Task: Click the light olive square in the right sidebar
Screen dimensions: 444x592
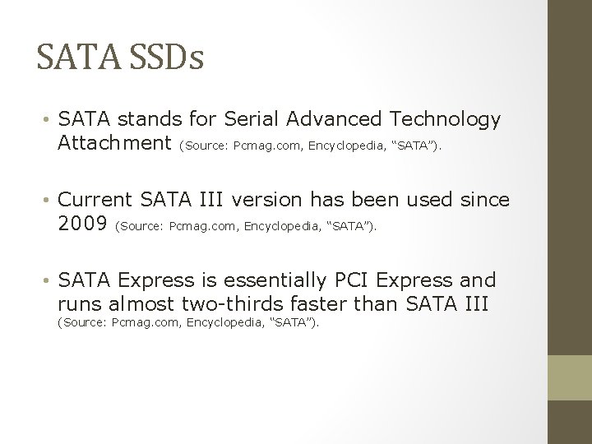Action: (x=570, y=377)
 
